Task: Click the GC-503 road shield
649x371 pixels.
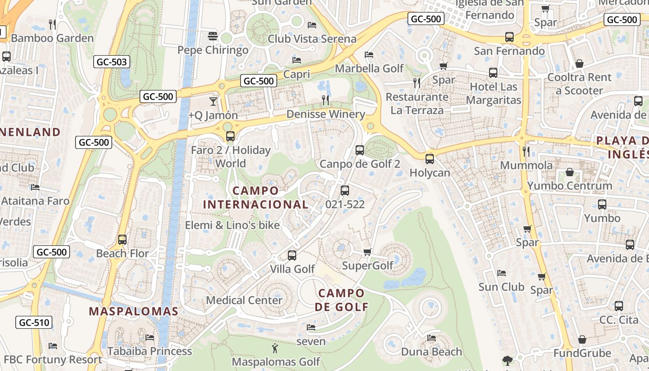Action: coord(112,62)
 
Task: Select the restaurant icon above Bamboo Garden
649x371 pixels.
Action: coord(52,24)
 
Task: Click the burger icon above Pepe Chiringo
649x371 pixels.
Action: coord(213,36)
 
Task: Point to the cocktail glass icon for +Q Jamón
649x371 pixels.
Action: coord(213,101)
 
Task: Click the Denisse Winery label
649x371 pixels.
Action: coord(325,114)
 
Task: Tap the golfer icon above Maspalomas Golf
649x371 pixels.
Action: coord(275,348)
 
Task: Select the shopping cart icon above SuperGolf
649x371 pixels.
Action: coord(368,252)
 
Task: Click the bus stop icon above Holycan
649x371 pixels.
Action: coord(430,159)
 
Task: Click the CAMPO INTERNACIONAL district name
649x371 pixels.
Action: coord(255,198)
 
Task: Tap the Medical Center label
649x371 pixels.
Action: coord(244,300)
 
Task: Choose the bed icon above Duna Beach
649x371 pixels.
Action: coord(432,338)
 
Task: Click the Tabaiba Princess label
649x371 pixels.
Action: coord(149,351)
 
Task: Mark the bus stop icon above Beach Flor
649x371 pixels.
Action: coord(122,240)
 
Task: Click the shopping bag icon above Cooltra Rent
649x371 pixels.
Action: coord(579,64)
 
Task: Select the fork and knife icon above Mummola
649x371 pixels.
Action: coord(526,151)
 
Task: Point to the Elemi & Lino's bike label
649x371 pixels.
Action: coord(232,225)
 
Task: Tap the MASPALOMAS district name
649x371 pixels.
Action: coord(134,311)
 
